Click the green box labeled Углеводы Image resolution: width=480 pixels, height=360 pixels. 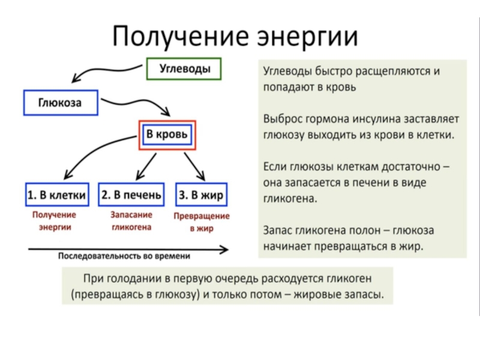[x=184, y=69]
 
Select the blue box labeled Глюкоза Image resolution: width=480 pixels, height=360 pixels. [x=60, y=103]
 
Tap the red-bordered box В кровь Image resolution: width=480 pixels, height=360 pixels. [x=167, y=135]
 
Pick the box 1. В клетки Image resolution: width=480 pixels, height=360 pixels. [x=58, y=194]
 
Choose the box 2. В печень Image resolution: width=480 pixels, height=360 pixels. [x=131, y=194]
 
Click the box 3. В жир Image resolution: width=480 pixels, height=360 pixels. [x=202, y=194]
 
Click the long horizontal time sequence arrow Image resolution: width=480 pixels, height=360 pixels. [x=126, y=247]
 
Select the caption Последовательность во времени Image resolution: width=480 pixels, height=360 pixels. [x=124, y=256]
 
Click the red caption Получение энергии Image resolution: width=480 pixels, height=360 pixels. [x=55, y=220]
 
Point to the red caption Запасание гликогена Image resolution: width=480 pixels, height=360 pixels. [x=131, y=220]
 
